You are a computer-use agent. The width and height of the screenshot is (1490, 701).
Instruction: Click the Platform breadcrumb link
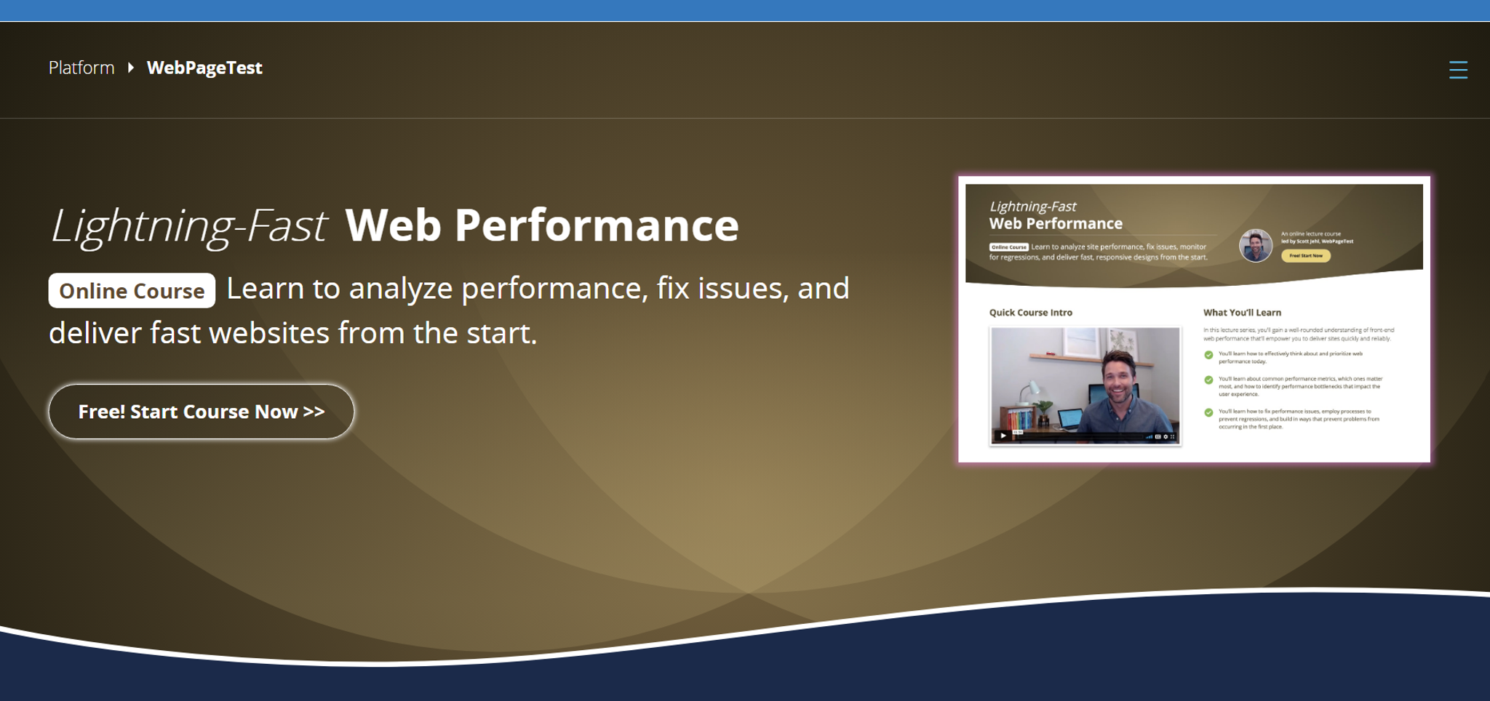click(81, 68)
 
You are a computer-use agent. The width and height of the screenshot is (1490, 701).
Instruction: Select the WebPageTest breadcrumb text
click(204, 68)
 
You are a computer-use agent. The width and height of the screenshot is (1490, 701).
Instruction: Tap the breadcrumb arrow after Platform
click(131, 68)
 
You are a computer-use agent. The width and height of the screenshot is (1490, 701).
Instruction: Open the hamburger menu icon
click(1458, 70)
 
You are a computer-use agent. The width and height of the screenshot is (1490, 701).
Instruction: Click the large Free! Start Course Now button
click(202, 412)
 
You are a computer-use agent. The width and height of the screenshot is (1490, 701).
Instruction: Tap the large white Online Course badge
click(132, 291)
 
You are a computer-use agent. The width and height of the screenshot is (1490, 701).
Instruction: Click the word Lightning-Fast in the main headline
click(188, 225)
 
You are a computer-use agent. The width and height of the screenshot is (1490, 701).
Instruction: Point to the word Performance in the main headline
click(597, 225)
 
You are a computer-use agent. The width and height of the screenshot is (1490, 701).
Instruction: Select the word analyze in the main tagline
click(399, 289)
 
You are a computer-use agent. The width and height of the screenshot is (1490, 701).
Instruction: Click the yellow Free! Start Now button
click(1306, 256)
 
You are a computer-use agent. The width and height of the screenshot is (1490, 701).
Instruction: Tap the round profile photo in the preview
click(1256, 246)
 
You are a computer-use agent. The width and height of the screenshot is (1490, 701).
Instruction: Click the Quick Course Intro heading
click(1030, 313)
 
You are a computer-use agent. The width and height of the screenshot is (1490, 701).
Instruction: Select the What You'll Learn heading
click(1242, 313)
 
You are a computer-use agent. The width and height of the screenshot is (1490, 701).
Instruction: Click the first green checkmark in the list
click(1208, 355)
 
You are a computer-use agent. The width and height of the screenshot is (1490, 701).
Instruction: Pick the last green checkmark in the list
click(1208, 412)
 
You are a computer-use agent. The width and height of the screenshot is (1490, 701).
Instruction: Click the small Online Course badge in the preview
click(1008, 247)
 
